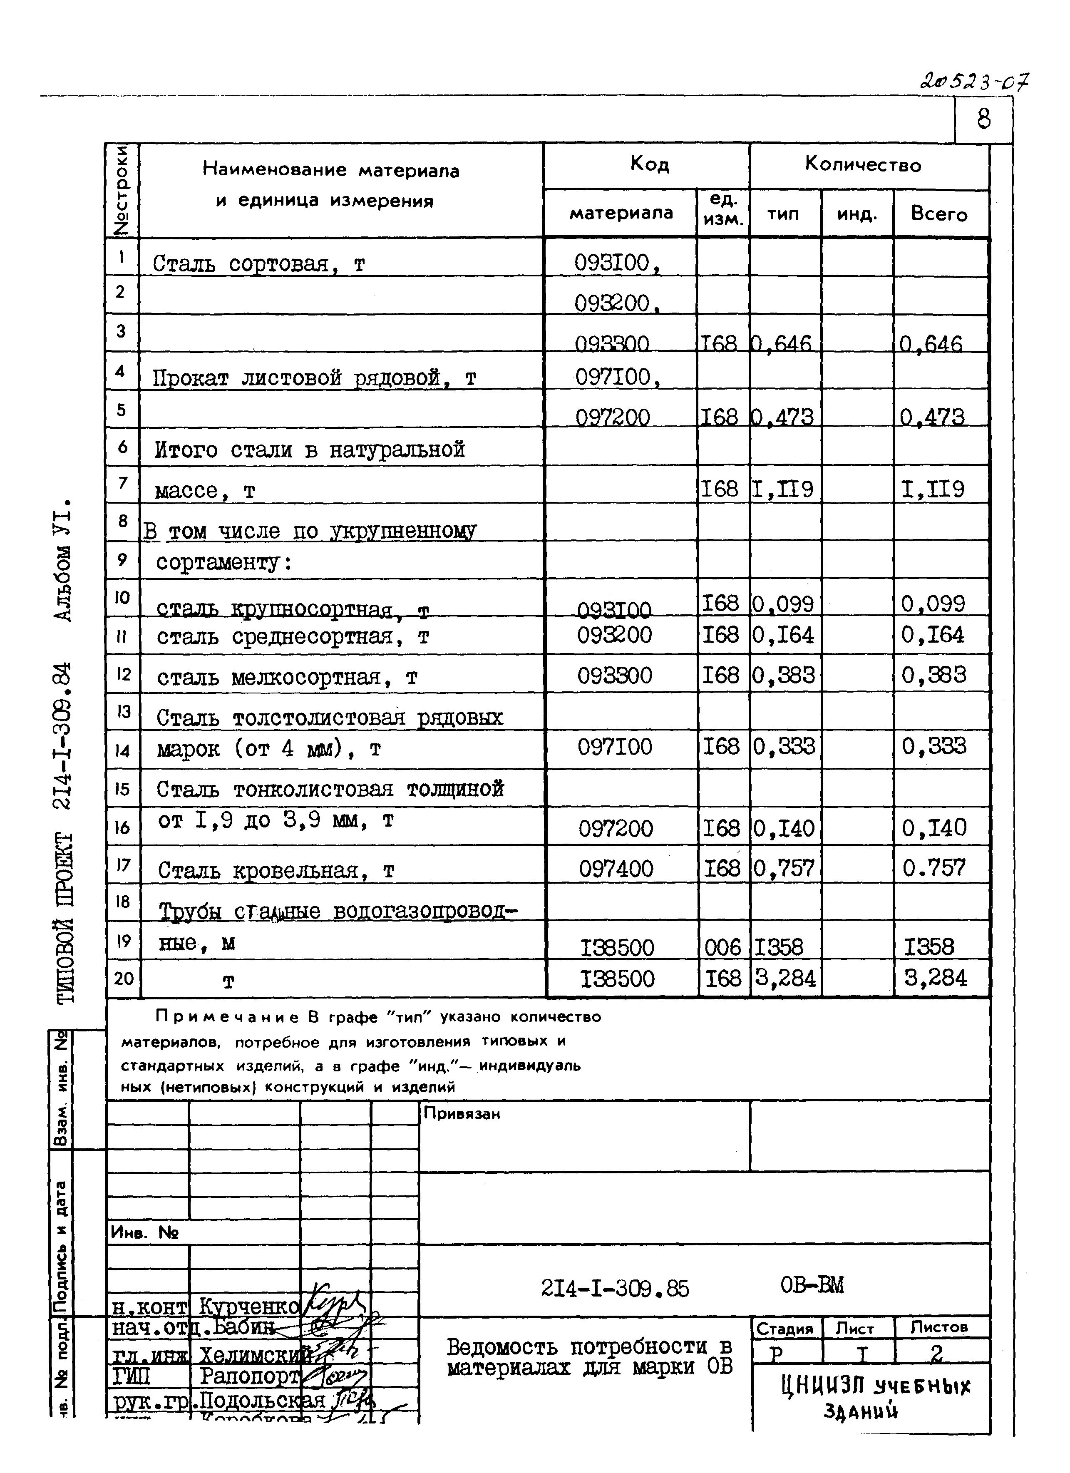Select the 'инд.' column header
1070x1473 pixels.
pyautogui.click(x=856, y=214)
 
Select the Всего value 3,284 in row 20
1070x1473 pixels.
pyautogui.click(x=935, y=978)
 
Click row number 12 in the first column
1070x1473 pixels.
pyautogui.click(x=123, y=674)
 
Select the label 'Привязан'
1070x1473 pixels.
pyautogui.click(x=462, y=1114)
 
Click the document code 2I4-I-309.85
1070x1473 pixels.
pyautogui.click(x=614, y=1288)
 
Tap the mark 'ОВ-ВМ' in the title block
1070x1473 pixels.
pyautogui.click(x=812, y=1285)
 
